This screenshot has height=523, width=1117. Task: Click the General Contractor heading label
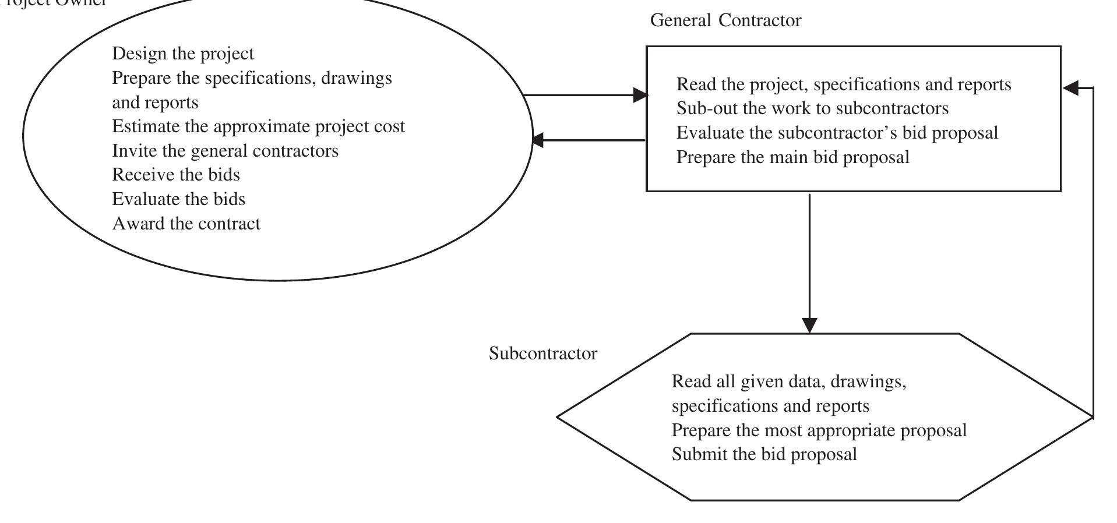click(x=725, y=20)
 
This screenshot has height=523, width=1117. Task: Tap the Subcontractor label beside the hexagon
click(x=542, y=354)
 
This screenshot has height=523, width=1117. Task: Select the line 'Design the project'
click(x=183, y=54)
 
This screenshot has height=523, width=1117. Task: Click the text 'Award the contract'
click(x=186, y=224)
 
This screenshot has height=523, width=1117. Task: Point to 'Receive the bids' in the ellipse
click(x=175, y=175)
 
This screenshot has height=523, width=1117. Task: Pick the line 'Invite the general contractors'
click(x=225, y=151)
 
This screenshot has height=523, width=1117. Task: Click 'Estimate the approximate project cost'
click(x=258, y=126)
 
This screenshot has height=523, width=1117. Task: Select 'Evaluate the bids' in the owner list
click(x=178, y=199)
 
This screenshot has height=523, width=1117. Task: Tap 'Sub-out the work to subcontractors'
click(x=812, y=108)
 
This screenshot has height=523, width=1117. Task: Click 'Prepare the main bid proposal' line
click(x=792, y=157)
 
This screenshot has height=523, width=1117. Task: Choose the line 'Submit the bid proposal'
click(x=764, y=454)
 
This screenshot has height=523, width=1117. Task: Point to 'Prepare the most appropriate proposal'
click(x=819, y=430)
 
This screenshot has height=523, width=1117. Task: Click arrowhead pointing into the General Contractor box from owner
click(x=640, y=95)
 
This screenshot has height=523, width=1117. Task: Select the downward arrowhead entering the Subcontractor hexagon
click(x=809, y=325)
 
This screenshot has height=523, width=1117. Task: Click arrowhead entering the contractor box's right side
click(x=1070, y=88)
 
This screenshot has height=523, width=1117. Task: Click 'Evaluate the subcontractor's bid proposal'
click(x=837, y=133)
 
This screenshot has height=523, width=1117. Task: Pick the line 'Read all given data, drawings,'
click(x=788, y=382)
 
